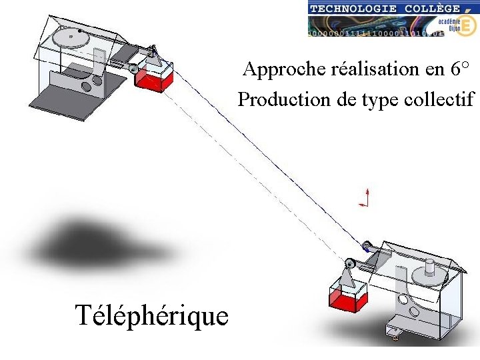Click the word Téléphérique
tap(152, 316)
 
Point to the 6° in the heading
tap(461, 69)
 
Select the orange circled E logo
tap(467, 25)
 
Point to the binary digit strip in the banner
tap(373, 31)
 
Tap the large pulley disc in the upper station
tap(71, 38)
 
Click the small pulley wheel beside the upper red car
tap(134, 68)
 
